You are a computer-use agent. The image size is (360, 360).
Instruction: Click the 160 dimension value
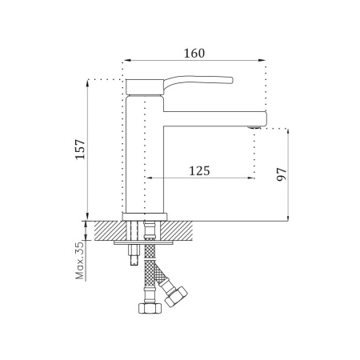pyautogui.click(x=194, y=54)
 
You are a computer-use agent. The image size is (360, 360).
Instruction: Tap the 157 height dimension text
pyautogui.click(x=80, y=150)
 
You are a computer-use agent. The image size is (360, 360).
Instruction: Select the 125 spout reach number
pyautogui.click(x=199, y=171)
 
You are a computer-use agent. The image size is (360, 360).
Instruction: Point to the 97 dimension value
pyautogui.click(x=282, y=174)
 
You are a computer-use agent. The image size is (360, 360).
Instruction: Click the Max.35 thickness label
pyautogui.click(x=80, y=261)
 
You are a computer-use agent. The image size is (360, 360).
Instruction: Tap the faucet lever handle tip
pyautogui.click(x=231, y=80)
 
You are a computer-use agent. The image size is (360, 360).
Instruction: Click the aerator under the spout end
pyautogui.click(x=254, y=127)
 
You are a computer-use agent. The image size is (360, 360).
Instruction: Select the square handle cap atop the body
pyautogui.click(x=144, y=86)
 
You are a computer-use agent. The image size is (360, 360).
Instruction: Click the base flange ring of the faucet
pyautogui.click(x=145, y=217)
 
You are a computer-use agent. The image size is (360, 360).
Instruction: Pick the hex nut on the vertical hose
pyautogui.click(x=150, y=309)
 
